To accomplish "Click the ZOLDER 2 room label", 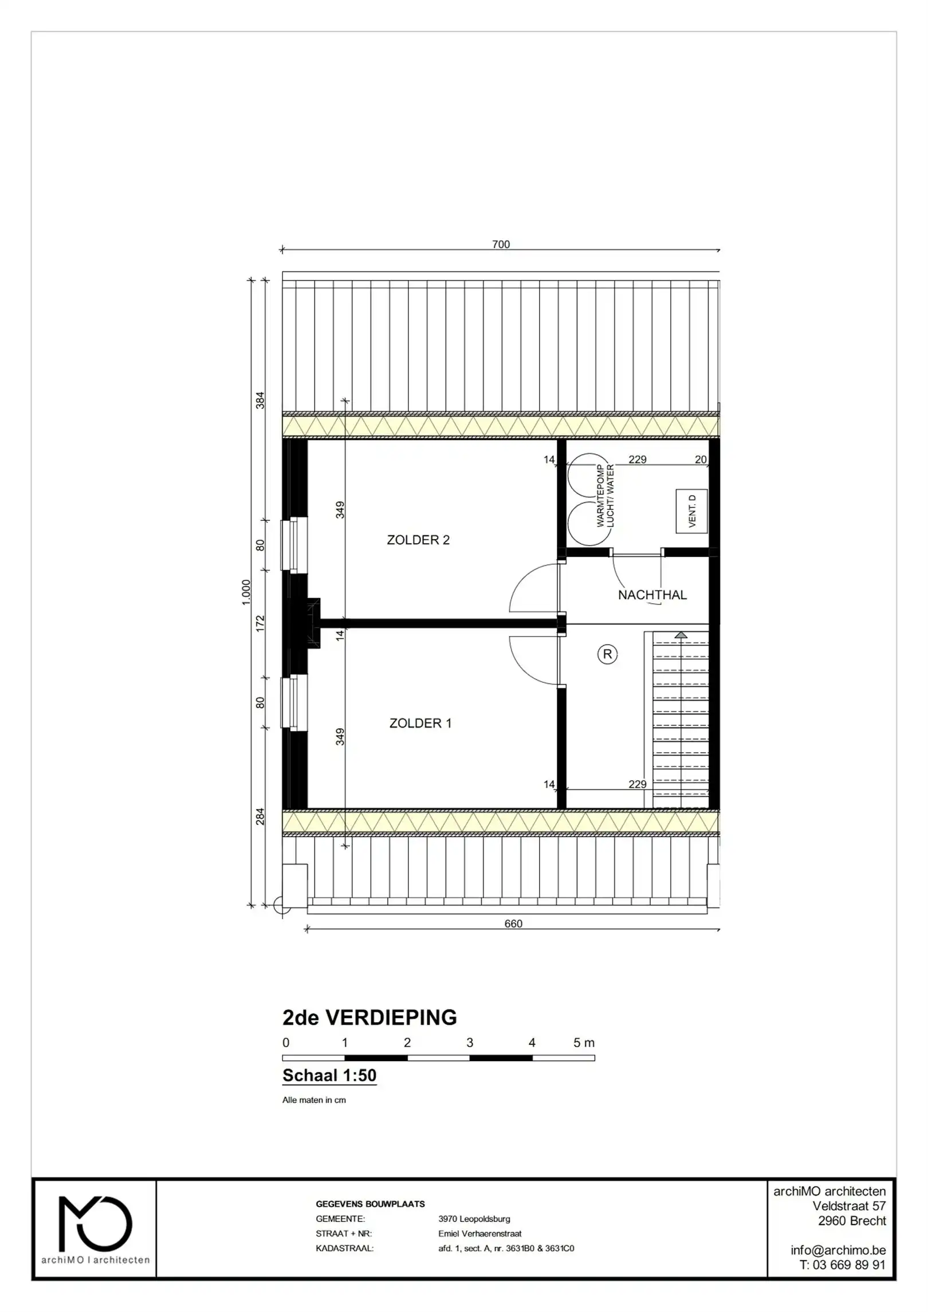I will coord(418,540).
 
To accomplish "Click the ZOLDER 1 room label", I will coord(420,723).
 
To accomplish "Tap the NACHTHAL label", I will coord(652,595).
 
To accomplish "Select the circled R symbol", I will coord(607,654).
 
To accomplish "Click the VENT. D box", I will coord(691,511).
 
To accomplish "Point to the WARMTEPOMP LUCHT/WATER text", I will coord(605,496).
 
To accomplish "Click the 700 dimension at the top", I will coord(501,244).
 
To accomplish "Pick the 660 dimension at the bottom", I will coord(513,923).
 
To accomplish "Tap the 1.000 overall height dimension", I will coord(246,592).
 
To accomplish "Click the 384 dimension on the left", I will coord(260,400).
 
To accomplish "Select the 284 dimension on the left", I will coord(260,816).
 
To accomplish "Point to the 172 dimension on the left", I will coord(260,623).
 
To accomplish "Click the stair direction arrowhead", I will coord(681,635).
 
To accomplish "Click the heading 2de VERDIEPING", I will coord(369,1018).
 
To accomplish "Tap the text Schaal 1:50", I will coord(329,1075).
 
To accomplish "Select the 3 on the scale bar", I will coord(469,1042).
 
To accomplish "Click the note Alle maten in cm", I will coord(314,1099).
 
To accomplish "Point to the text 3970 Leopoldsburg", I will coord(474,1219).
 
